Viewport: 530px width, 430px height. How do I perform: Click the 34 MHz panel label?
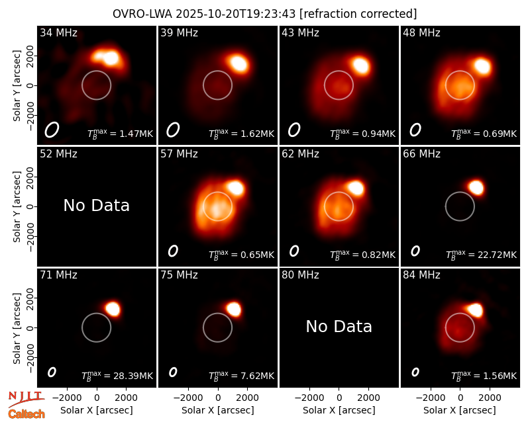(58, 32)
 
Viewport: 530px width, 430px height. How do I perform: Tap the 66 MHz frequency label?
(421, 154)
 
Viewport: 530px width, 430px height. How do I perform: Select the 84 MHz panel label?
(421, 275)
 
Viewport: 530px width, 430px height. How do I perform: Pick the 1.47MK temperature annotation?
(136, 134)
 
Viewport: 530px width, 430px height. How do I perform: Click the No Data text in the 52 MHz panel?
(96, 205)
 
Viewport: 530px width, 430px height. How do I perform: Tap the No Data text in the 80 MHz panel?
(339, 326)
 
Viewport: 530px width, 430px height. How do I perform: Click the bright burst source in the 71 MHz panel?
(113, 309)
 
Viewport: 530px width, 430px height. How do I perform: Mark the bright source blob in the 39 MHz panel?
(239, 63)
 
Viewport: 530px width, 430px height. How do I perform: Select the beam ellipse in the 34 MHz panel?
(52, 130)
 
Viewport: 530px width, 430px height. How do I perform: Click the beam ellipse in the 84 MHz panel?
(415, 372)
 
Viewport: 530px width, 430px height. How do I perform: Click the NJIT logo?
(26, 398)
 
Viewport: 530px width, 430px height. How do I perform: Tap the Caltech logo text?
(26, 414)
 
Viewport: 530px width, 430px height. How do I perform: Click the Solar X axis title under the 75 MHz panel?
(218, 410)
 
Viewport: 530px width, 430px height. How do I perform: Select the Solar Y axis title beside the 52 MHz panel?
(17, 206)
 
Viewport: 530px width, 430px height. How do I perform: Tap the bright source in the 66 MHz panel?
(476, 187)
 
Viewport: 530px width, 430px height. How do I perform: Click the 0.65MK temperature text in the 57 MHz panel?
(257, 255)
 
